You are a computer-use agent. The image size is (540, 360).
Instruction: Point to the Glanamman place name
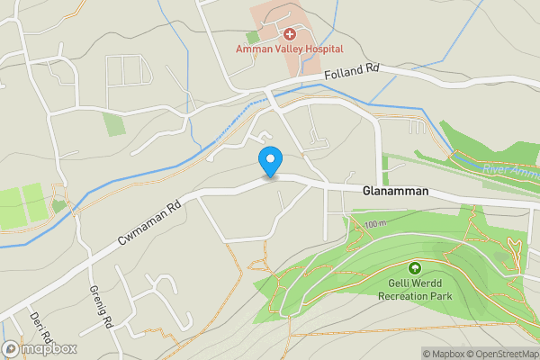coord(395,193)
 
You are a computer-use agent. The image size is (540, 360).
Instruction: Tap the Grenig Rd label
coord(101,306)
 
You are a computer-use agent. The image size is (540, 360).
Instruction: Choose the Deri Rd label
coord(40,332)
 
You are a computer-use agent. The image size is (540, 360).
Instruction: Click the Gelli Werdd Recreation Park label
coord(415,289)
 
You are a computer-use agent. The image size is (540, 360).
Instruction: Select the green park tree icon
coord(415,268)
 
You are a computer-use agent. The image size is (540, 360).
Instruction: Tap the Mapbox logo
coord(40,349)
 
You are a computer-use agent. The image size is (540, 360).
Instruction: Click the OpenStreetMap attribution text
coord(507,353)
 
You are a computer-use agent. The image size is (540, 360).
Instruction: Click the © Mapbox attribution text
coord(446,353)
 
